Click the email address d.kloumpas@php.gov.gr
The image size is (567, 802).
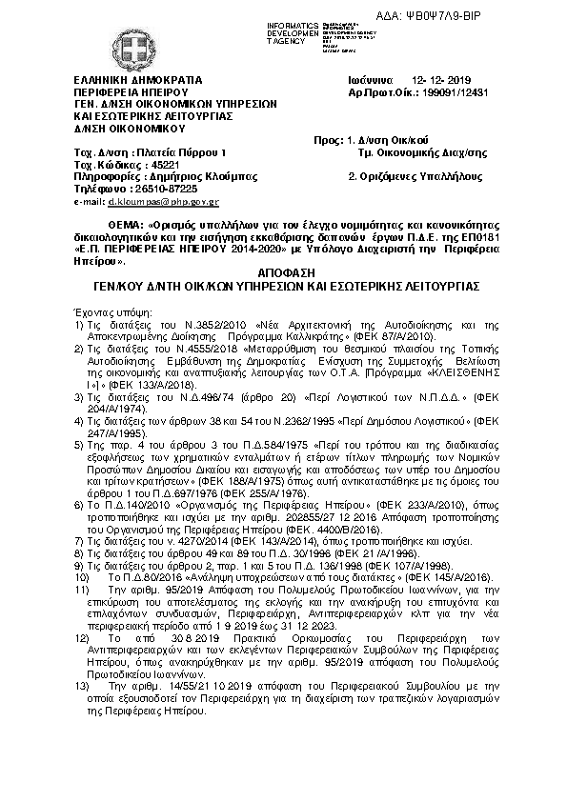click(163, 202)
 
